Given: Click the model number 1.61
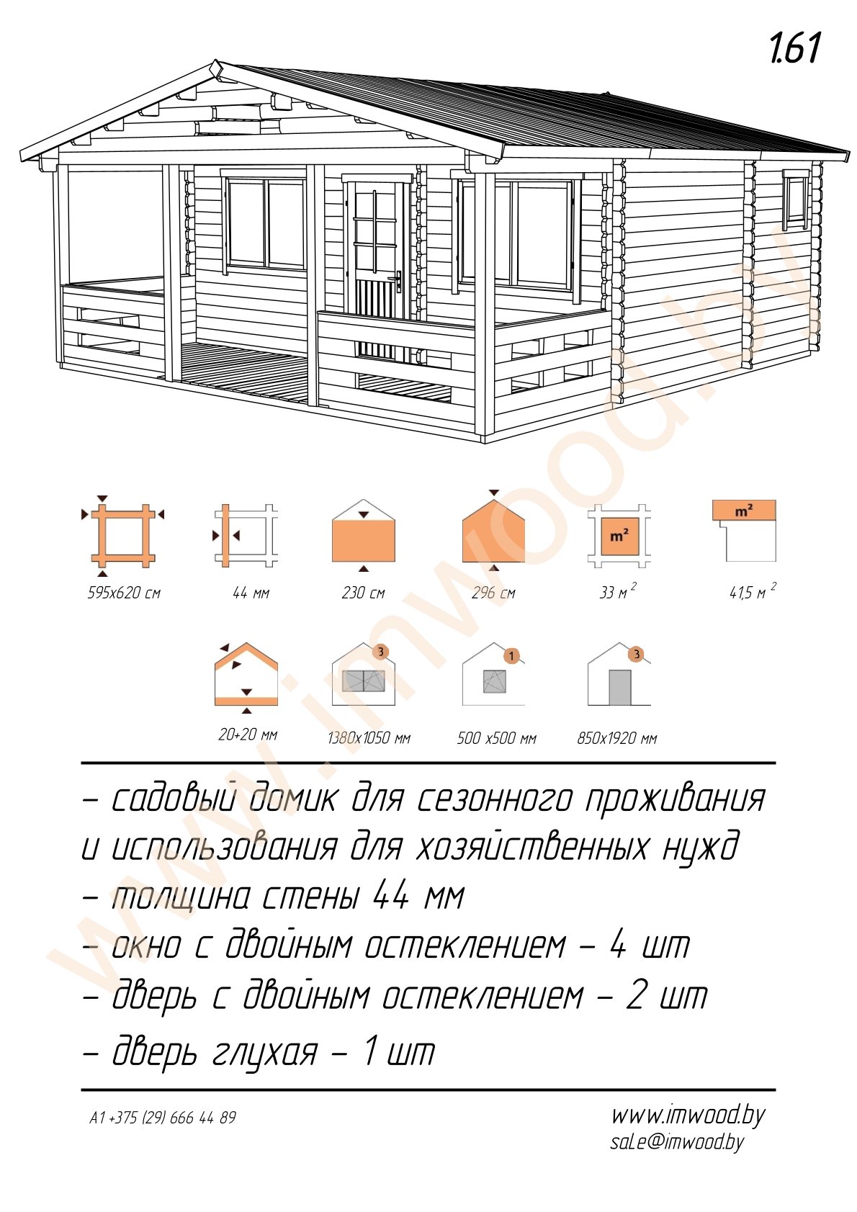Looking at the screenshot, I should pos(794,49).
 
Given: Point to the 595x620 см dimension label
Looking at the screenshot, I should pos(124,593).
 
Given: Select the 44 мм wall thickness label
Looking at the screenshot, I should pos(251,593).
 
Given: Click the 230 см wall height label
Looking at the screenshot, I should pos(363,593).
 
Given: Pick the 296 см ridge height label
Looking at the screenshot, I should pos(493,593).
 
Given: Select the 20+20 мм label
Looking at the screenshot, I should pos(248,735).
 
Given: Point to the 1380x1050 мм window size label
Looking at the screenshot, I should pos(369,738).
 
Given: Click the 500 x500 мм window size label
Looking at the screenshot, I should pos(496,738).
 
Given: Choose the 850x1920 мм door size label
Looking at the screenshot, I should pos(616,738).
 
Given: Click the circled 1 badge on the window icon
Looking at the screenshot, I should pos(511,656).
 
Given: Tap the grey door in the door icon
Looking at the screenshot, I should pos(619,688).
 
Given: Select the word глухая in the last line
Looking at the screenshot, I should pos(264,1053).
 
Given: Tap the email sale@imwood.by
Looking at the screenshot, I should pos(676,1142).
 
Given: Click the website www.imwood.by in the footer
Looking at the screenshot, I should pos(688,1116).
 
